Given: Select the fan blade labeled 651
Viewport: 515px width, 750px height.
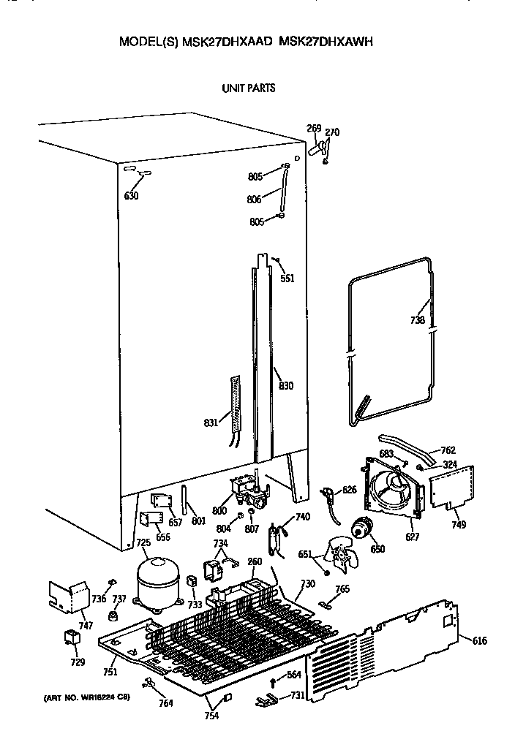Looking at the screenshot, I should pyautogui.click(x=342, y=558).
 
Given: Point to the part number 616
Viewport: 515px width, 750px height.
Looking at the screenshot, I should pyautogui.click(x=480, y=641).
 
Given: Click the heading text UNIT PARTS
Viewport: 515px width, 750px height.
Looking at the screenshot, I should pyautogui.click(x=249, y=88).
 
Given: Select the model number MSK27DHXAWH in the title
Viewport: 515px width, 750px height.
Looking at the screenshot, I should pyautogui.click(x=327, y=42).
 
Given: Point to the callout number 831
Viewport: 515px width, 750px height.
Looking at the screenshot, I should pyautogui.click(x=211, y=423).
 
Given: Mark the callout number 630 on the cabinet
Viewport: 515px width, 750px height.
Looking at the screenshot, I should pyautogui.click(x=131, y=195).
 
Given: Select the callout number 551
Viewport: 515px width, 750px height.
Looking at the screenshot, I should pyautogui.click(x=287, y=278).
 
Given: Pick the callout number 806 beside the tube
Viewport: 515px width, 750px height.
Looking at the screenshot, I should pyautogui.click(x=254, y=198).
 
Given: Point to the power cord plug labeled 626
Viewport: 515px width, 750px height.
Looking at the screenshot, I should pyautogui.click(x=328, y=495).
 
